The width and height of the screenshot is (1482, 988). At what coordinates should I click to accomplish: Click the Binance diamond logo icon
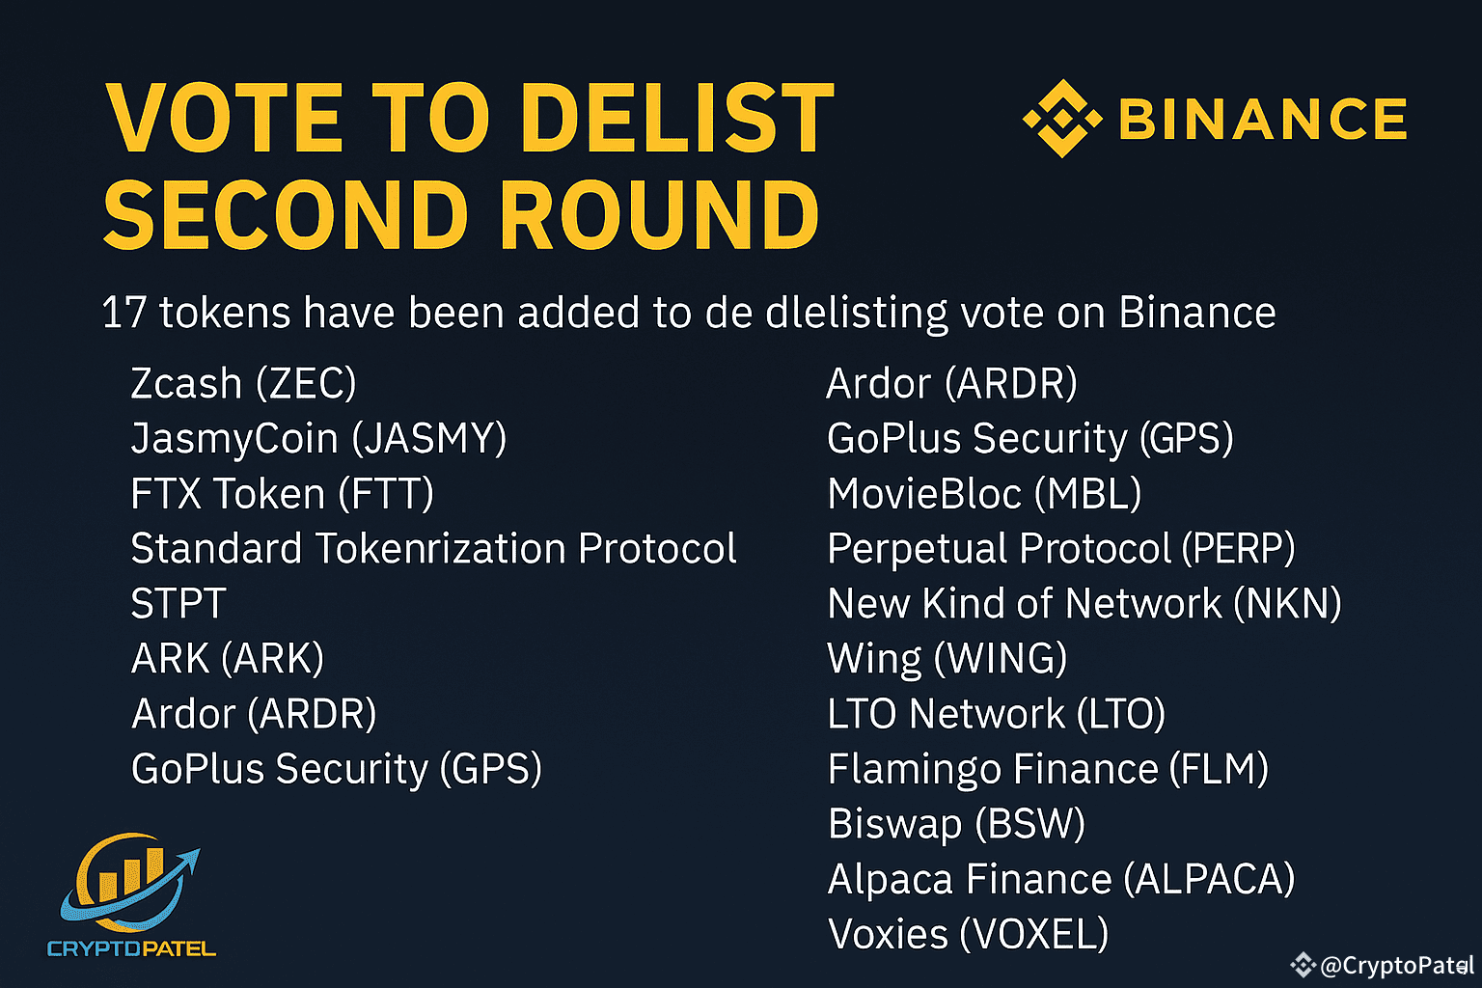(1061, 119)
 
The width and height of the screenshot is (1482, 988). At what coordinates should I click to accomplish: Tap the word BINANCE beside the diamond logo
(1262, 119)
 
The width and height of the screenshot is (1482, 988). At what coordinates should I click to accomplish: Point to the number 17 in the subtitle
(123, 314)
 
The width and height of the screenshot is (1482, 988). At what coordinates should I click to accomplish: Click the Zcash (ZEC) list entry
(243, 384)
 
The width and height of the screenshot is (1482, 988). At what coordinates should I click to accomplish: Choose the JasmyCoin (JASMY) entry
(318, 439)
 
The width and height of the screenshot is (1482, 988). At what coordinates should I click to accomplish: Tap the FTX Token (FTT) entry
(282, 494)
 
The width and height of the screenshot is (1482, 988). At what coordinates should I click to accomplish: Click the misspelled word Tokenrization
(440, 549)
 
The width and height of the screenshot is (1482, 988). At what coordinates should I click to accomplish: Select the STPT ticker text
(178, 604)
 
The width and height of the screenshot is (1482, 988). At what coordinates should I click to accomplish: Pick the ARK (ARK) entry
(228, 659)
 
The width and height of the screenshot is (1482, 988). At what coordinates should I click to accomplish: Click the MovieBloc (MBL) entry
(984, 494)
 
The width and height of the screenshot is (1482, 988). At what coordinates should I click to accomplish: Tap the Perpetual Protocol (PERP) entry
(1060, 549)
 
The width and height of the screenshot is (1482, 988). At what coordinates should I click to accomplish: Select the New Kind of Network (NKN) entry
(1084, 604)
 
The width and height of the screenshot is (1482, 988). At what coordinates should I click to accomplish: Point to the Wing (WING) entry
(947, 659)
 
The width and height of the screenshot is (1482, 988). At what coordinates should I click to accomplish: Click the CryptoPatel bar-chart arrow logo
(130, 883)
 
